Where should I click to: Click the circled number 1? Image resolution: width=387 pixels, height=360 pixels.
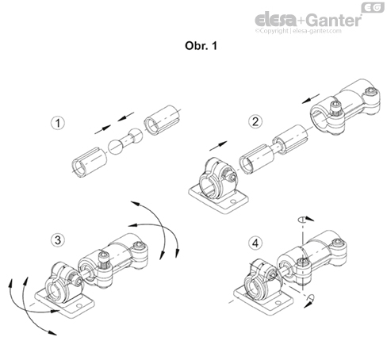point(57,124)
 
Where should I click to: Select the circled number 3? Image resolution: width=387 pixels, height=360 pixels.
point(57,238)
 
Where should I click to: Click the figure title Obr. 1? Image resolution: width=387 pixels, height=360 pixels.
point(193,45)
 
